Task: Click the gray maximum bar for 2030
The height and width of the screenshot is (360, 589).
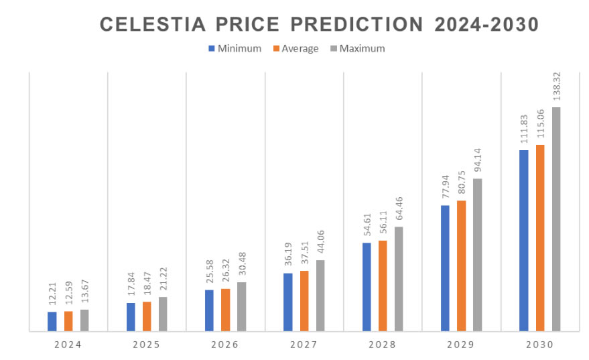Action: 556,219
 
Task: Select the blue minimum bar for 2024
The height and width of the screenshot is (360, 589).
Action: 52,321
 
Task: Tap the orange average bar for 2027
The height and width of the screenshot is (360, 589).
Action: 304,300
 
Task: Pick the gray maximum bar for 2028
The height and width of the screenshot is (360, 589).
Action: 399,278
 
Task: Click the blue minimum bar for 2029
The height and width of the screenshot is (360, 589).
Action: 445,267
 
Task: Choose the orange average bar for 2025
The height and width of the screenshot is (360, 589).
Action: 147,316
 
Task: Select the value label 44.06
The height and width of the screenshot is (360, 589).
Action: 320,239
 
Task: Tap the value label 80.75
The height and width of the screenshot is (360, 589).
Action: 461,181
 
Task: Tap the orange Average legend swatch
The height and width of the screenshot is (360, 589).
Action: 275,48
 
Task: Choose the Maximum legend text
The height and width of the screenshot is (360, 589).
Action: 362,48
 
